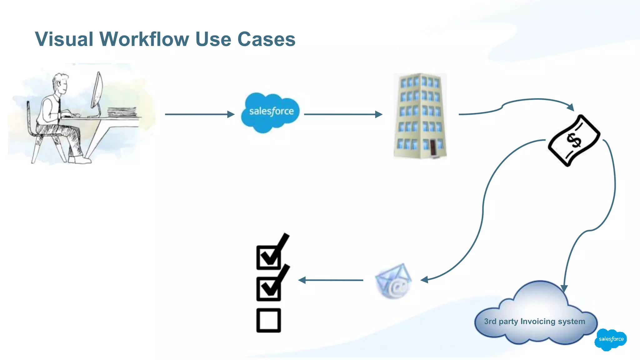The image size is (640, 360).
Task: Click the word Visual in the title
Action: click(x=64, y=39)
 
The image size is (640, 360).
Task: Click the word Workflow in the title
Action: click(x=144, y=39)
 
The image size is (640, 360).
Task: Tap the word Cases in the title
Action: click(x=266, y=39)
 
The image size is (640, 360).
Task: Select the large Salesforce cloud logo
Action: click(x=271, y=112)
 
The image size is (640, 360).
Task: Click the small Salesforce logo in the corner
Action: click(x=611, y=339)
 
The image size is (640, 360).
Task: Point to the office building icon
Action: click(x=420, y=116)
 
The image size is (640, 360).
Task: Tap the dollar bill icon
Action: click(x=574, y=140)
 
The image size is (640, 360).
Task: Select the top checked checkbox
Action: click(x=268, y=257)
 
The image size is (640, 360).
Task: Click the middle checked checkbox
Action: click(x=268, y=289)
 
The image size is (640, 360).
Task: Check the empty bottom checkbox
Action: click(x=268, y=320)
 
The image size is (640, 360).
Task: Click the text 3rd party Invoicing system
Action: click(x=534, y=321)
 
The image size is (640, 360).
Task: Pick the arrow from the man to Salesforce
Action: click(x=199, y=114)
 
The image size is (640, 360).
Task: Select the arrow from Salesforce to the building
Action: click(x=343, y=114)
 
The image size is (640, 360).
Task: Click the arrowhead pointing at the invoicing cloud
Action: click(x=564, y=288)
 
